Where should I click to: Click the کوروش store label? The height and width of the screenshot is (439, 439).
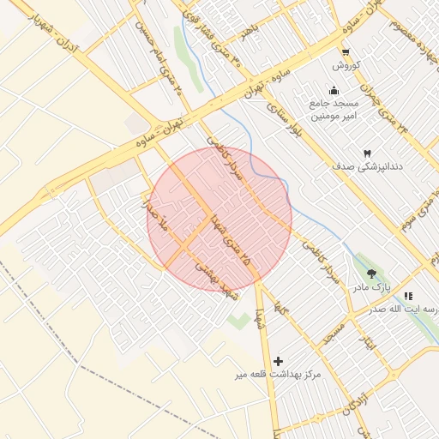click(345, 66)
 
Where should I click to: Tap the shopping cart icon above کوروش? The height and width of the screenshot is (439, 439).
click(345, 52)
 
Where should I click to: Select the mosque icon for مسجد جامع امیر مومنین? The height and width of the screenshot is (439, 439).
click(334, 91)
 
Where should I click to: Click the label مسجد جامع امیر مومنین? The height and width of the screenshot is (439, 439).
click(334, 109)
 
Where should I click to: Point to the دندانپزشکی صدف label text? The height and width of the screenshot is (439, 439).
click(368, 169)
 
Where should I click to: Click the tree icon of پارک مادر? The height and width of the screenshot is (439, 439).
click(371, 274)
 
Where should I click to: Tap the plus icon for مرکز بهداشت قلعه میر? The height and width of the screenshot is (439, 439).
click(277, 361)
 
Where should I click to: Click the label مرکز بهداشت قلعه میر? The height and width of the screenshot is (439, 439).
click(277, 376)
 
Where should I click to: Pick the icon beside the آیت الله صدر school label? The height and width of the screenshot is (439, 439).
click(407, 296)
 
